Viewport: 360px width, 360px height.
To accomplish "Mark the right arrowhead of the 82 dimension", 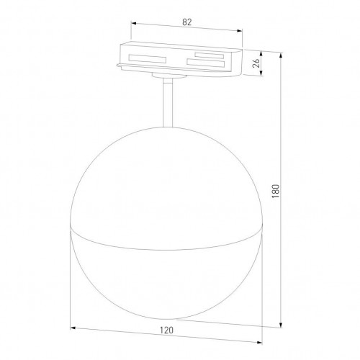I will tap(240, 32).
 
